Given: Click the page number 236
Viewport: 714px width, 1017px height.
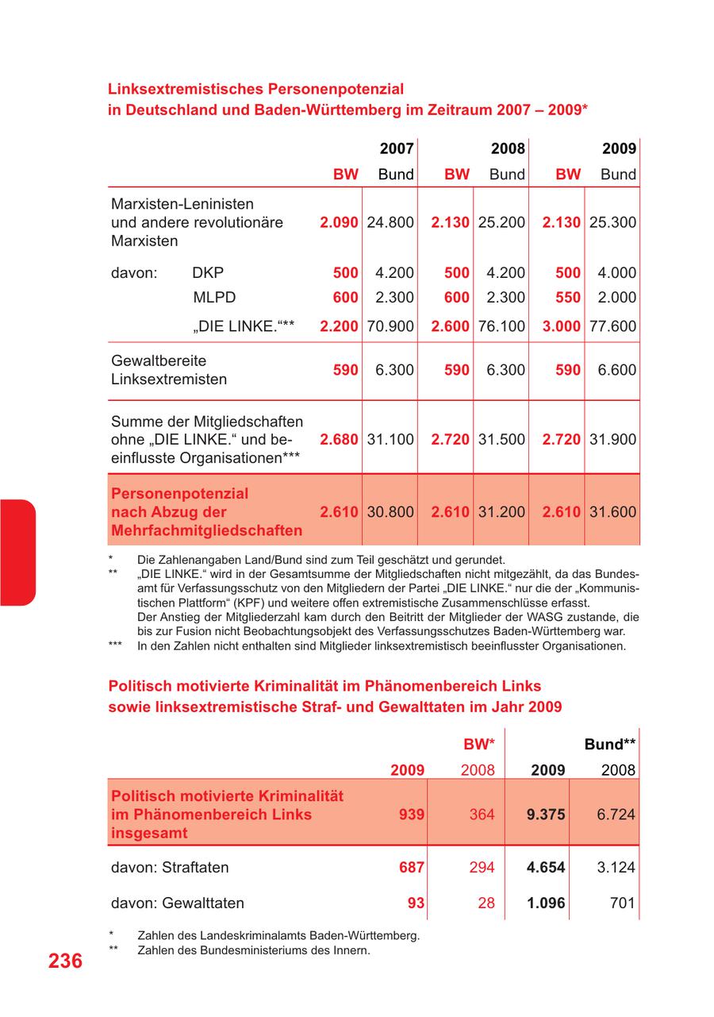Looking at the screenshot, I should pyautogui.click(x=65, y=961).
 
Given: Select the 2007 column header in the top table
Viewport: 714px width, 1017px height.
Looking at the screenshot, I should pyautogui.click(x=396, y=148).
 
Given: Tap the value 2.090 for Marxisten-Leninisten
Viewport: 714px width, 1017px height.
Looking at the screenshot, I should pyautogui.click(x=339, y=222).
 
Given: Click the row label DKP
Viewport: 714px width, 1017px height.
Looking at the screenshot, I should pyautogui.click(x=208, y=272).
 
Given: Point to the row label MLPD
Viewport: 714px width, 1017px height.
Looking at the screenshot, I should pyautogui.click(x=214, y=298).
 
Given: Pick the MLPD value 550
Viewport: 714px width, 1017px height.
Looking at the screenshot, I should pyautogui.click(x=568, y=298).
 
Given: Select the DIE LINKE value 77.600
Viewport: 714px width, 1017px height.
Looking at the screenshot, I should pyautogui.click(x=612, y=326).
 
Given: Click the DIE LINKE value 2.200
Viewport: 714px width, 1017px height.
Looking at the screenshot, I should pyautogui.click(x=339, y=326).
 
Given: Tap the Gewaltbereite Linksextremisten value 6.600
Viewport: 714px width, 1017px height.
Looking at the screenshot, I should pyautogui.click(x=617, y=370).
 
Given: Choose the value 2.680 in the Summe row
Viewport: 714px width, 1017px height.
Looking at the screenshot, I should pyautogui.click(x=339, y=439).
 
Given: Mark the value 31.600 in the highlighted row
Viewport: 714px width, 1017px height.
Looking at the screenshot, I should pyautogui.click(x=612, y=512).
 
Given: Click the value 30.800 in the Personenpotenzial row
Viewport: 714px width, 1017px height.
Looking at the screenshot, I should pyautogui.click(x=390, y=512).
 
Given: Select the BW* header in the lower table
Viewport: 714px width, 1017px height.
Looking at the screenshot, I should pyautogui.click(x=479, y=745).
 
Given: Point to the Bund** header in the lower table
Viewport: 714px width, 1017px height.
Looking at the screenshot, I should pyautogui.click(x=610, y=745).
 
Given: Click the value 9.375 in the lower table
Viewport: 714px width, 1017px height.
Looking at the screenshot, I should pyautogui.click(x=546, y=814).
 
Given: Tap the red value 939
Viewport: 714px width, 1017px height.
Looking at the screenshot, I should pyautogui.click(x=411, y=814).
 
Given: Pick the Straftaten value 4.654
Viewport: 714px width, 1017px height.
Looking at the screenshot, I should pyautogui.click(x=546, y=868).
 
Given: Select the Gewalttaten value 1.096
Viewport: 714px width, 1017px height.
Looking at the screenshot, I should pyautogui.click(x=546, y=903).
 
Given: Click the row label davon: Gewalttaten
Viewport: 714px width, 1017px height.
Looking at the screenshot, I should pyautogui.click(x=178, y=903).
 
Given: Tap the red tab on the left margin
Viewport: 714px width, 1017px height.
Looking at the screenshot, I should pyautogui.click(x=17, y=553).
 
